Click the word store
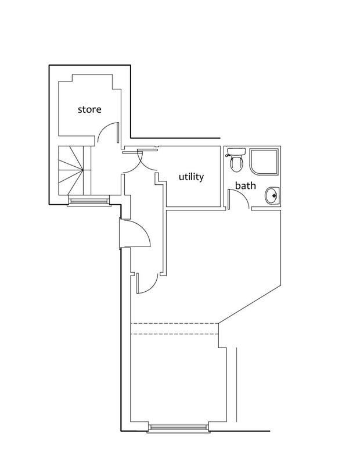pyautogui.click(x=89, y=109)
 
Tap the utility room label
pyautogui.click(x=192, y=177)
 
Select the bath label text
pyautogui.click(x=246, y=185)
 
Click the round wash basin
pyautogui.click(x=272, y=196)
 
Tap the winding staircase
pyautogui.click(x=74, y=170)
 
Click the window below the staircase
pyautogui.click(x=89, y=201)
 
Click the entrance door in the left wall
pyautogui.click(x=135, y=234)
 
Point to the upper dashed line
pyautogui.click(x=175, y=323)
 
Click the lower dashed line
pyautogui.click(x=175, y=334)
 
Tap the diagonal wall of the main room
pyautogui.click(x=250, y=304)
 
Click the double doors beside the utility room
pyautogui.click(x=140, y=161)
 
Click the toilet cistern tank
pyautogui.click(x=236, y=152)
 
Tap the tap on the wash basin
pyautogui.click(x=275, y=195)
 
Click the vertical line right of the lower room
pyautogui.click(x=236, y=384)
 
